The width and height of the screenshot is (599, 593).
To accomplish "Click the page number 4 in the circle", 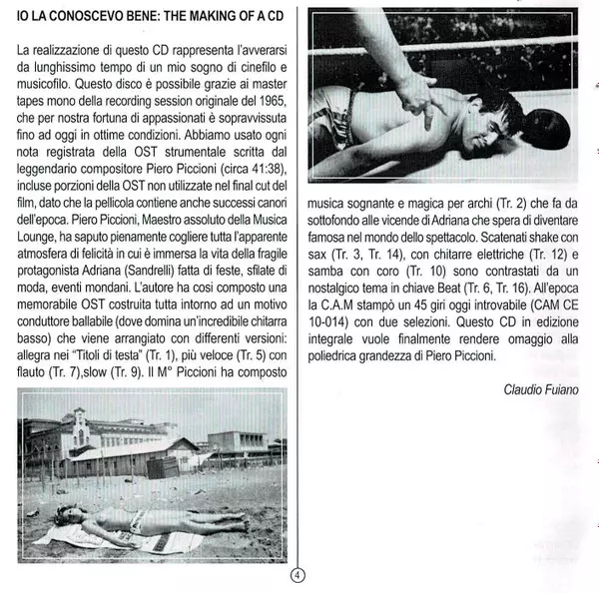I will (x=298, y=576).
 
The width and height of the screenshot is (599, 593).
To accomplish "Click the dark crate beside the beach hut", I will (x=164, y=466).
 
